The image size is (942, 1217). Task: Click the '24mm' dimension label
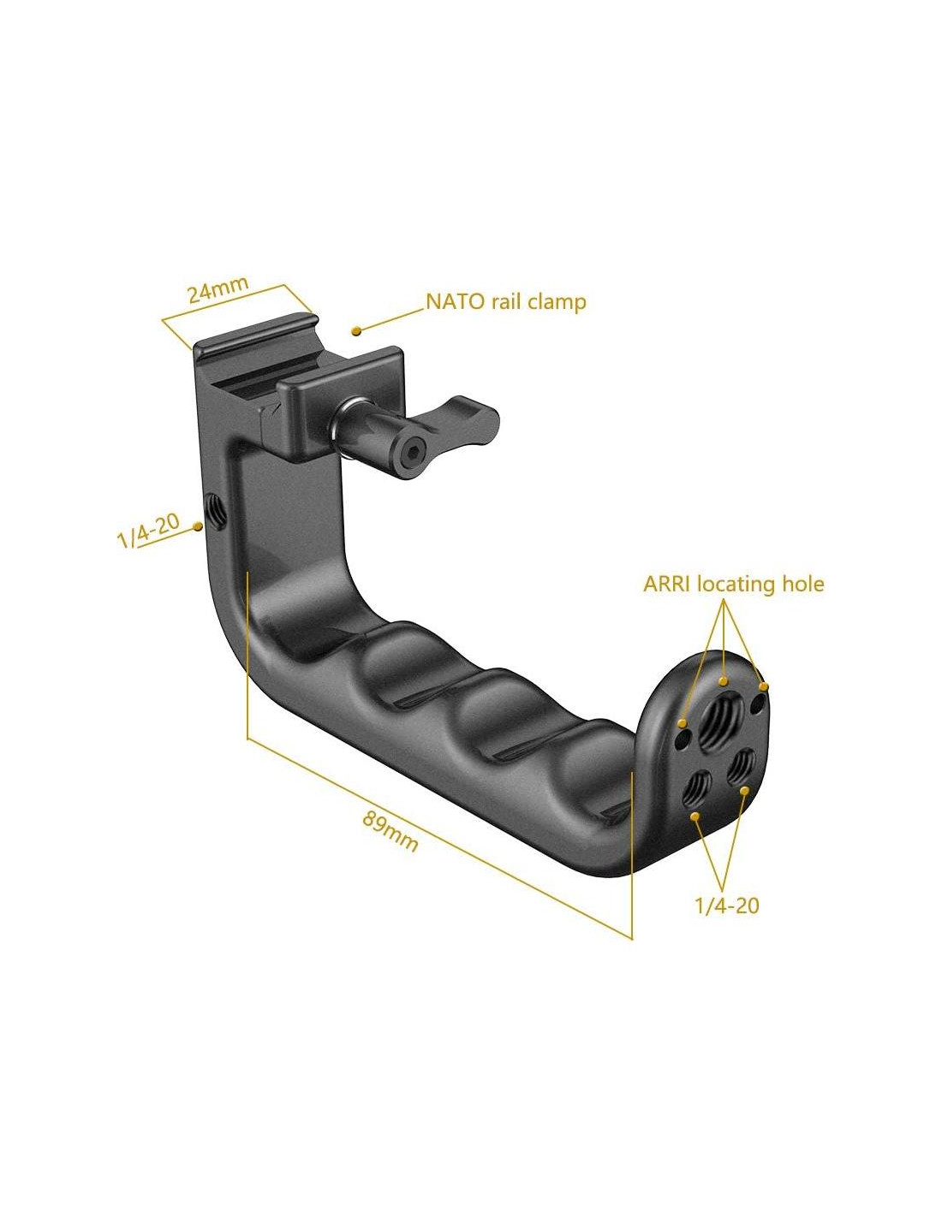click(x=218, y=289)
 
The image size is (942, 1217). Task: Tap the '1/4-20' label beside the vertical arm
click(x=148, y=531)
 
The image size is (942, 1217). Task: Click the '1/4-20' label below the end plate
click(x=727, y=905)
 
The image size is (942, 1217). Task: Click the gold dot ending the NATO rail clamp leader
click(x=355, y=331)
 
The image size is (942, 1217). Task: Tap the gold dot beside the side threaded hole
click(x=197, y=525)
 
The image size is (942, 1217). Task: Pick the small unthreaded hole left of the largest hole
click(x=683, y=741)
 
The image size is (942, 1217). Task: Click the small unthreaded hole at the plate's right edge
click(x=758, y=703)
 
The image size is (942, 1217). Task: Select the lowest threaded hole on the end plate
click(x=695, y=788)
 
